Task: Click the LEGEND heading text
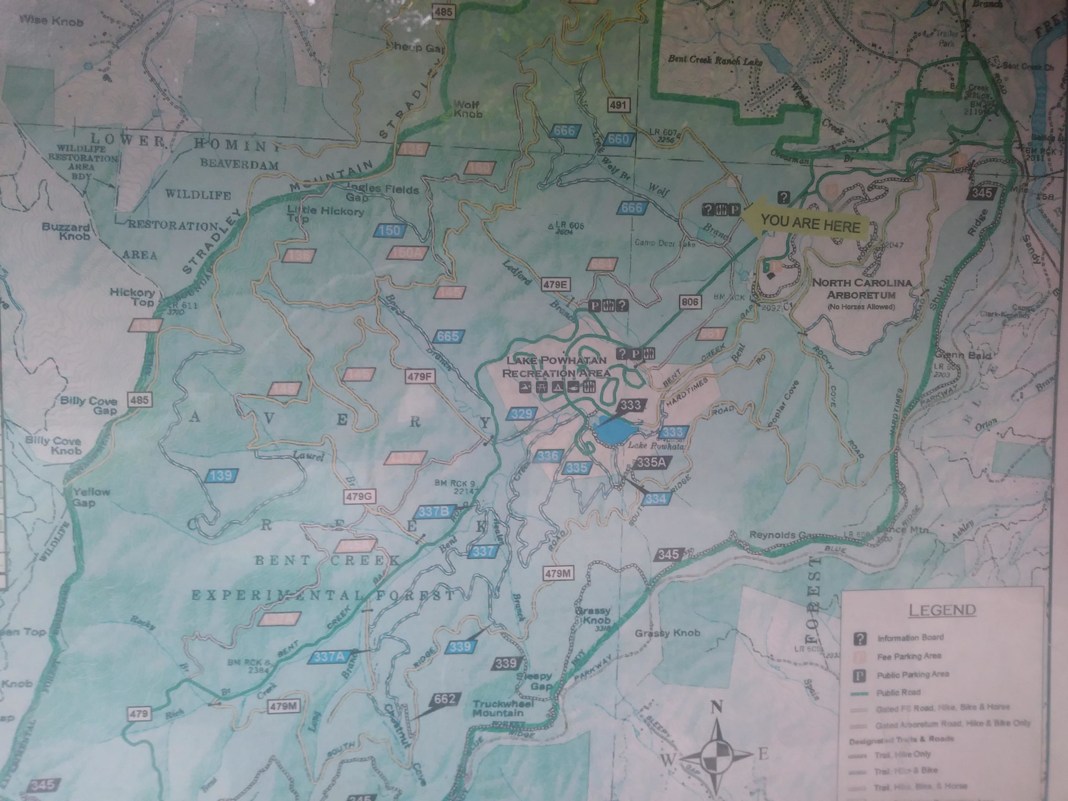pos(942,610)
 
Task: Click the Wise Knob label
pos(51,22)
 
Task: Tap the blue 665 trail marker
pos(449,336)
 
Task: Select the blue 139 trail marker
pos(220,476)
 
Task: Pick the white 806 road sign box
pos(690,302)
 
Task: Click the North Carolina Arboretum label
pos(862,289)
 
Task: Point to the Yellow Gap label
pos(91,497)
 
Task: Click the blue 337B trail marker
pos(433,512)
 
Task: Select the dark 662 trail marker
pos(445,699)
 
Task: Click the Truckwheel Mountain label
pos(503,708)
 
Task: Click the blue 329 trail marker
pos(522,413)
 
